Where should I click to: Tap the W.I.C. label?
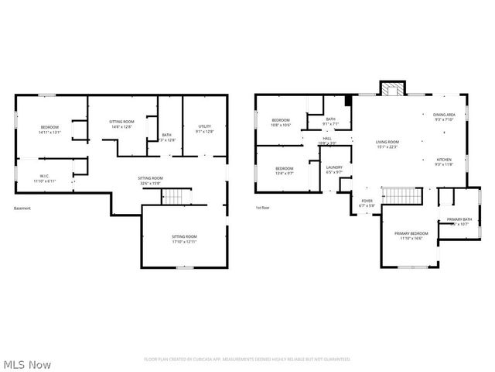42,177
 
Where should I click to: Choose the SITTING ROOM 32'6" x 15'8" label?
150,181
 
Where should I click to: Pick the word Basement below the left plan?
22,208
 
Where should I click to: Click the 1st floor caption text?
263,208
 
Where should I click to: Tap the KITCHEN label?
443,162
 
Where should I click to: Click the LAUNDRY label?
334,169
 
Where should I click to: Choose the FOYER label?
367,202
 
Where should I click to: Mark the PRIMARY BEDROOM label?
411,236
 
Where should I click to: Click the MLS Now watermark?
26,364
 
